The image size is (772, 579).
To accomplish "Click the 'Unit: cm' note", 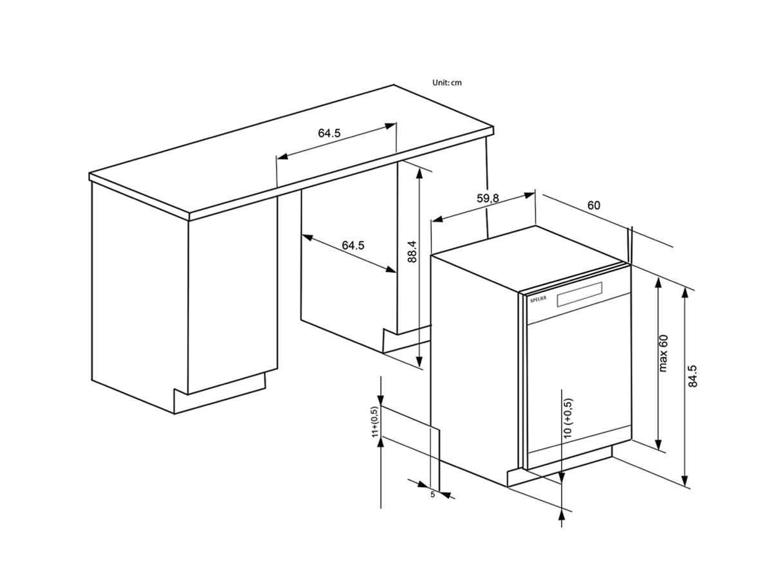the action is [x=446, y=82].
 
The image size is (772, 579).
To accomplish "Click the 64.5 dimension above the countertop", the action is [x=329, y=133].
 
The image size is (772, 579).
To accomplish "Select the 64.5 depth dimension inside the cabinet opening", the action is [x=353, y=245].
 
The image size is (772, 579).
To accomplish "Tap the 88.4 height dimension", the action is [x=412, y=252].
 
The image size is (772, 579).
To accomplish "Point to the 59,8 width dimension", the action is [x=488, y=198].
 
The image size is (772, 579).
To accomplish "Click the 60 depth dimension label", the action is [x=594, y=205].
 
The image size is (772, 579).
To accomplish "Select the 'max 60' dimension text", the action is [x=663, y=353].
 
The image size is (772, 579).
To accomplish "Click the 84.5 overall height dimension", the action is [x=692, y=376].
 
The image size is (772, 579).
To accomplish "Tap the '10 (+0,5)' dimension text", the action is [x=567, y=418].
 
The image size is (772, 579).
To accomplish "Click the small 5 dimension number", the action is [x=432, y=494].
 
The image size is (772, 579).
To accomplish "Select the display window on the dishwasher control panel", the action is [x=580, y=294].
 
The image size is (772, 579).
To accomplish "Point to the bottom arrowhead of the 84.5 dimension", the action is [x=685, y=481].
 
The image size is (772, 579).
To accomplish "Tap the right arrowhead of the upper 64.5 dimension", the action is [x=391, y=126].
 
